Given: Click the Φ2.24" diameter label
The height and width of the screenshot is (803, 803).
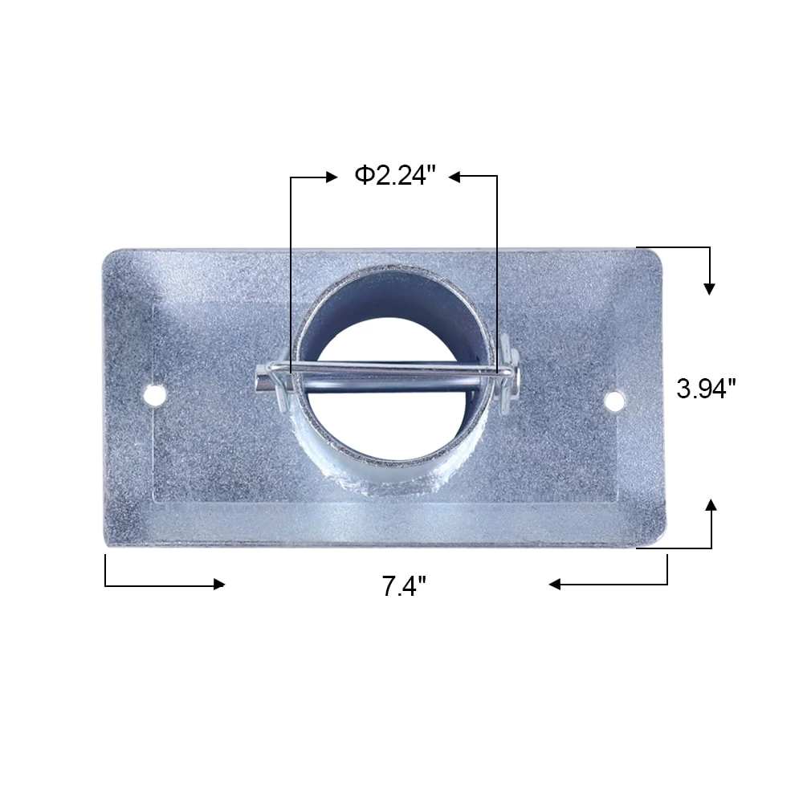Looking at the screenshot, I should [394, 176].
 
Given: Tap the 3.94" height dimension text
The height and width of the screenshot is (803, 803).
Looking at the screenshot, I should [706, 389].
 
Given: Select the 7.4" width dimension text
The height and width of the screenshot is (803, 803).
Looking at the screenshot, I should [403, 587].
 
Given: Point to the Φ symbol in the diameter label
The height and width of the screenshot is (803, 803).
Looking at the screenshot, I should [364, 176].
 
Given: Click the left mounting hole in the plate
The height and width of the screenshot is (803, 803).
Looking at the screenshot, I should [154, 394].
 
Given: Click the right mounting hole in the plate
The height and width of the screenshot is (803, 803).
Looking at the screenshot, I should [614, 400].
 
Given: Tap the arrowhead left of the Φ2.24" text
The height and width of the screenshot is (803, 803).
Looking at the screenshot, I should [332, 177].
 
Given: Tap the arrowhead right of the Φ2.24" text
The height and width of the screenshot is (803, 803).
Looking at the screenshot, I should [454, 177].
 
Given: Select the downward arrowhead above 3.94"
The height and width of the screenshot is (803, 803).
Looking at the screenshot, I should [709, 288].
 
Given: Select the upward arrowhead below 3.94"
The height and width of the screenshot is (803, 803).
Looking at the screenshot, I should [711, 505].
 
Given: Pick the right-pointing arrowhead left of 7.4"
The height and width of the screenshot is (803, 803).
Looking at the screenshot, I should [218, 585].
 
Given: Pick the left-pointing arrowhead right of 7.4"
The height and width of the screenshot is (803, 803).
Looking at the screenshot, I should [555, 585].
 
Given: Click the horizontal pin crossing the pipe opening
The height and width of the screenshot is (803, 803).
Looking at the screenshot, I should [393, 371].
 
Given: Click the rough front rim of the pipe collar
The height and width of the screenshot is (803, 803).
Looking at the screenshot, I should [393, 474].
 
